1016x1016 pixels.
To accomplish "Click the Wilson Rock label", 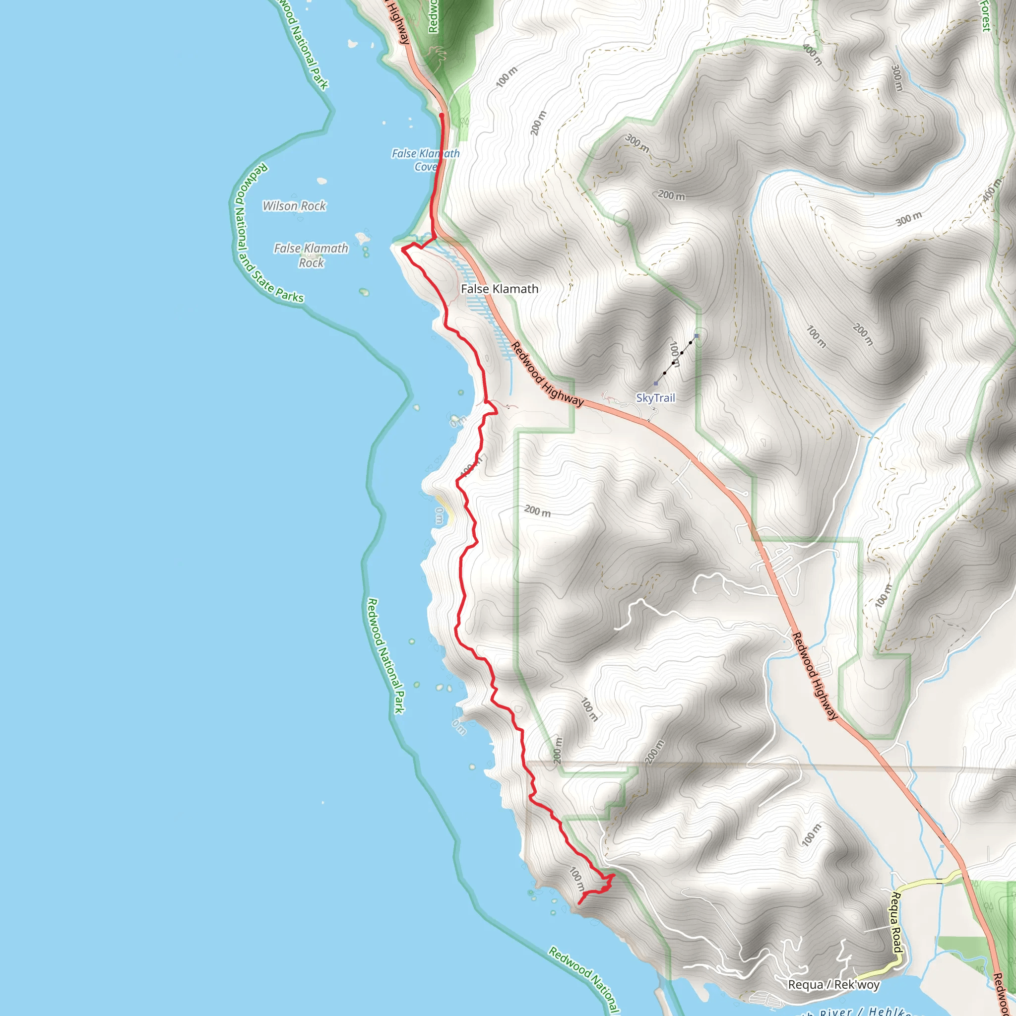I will [x=294, y=205].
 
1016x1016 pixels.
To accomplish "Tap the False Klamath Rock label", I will [x=311, y=255].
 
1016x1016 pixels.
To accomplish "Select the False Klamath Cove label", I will [x=426, y=160].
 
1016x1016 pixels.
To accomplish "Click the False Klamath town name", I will [x=499, y=289].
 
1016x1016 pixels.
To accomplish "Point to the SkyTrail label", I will [x=655, y=397].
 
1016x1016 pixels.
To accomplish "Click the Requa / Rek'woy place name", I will [x=833, y=984].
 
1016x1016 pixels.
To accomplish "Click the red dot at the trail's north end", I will [x=442, y=115].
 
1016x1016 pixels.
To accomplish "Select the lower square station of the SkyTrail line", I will [x=655, y=383].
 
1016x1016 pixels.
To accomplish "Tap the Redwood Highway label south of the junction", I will [x=814, y=676].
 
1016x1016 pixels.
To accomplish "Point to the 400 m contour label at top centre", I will [x=813, y=54].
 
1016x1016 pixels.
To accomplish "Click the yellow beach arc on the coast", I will [x=444, y=508].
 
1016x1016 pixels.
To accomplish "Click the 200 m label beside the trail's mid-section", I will [x=537, y=510].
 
